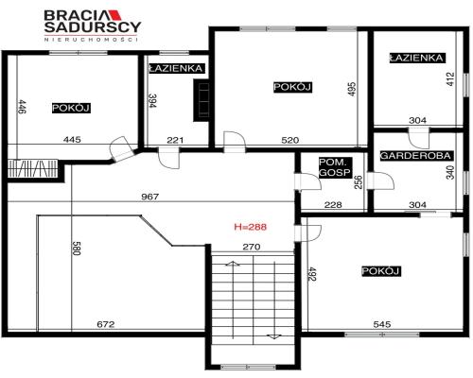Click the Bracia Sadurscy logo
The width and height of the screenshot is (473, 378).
pyautogui.click(x=92, y=26)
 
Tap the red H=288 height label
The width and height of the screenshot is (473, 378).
pyautogui.click(x=251, y=227)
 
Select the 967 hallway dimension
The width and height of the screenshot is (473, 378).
pyautogui.click(x=150, y=197)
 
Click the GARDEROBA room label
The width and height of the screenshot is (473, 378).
pyautogui.click(x=416, y=156)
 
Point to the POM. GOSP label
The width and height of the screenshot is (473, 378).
pyautogui.click(x=335, y=167)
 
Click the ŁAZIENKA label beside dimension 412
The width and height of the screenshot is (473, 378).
pyautogui.click(x=416, y=58)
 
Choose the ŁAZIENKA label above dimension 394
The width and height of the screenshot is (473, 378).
pyautogui.click(x=176, y=68)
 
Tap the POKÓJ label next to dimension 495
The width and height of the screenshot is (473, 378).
pyautogui.click(x=292, y=87)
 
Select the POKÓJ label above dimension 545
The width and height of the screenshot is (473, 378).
pyautogui.click(x=381, y=271)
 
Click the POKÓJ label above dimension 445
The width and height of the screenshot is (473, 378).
pyautogui.click(x=71, y=108)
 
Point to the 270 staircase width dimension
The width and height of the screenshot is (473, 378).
pyautogui.click(x=252, y=247)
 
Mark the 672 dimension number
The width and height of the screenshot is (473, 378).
pyautogui.click(x=105, y=324)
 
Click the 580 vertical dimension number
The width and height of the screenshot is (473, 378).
pyautogui.click(x=77, y=249)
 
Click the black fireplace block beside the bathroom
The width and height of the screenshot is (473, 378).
pyautogui.click(x=201, y=100)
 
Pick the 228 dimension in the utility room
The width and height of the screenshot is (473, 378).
pyautogui.click(x=333, y=205)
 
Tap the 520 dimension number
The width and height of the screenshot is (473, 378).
pyautogui.click(x=289, y=140)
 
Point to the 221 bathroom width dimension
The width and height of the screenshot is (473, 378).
pyautogui.click(x=175, y=140)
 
